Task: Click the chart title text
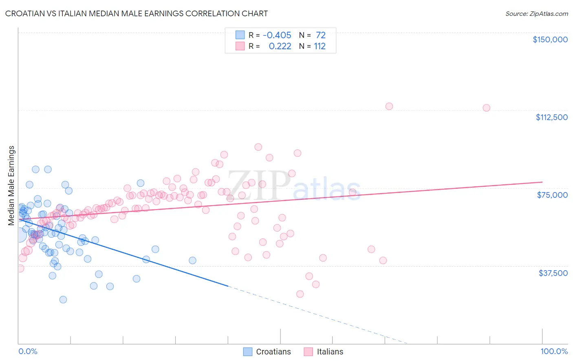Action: [x=137, y=13]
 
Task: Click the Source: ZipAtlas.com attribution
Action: [x=536, y=13]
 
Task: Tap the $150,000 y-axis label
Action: [x=550, y=39]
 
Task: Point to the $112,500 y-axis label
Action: [x=551, y=117]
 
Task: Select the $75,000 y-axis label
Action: [x=552, y=195]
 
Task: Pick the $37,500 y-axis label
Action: [x=553, y=273]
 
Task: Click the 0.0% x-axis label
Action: [x=28, y=351]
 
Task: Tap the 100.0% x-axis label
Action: [x=554, y=351]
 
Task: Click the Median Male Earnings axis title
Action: [x=11, y=185]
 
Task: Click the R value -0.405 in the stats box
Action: [x=277, y=35]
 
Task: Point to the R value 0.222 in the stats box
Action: [x=280, y=46]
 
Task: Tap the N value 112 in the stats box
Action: [x=320, y=46]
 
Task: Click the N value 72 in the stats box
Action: [x=321, y=35]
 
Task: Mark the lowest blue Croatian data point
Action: [x=63, y=300]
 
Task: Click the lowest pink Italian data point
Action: [x=300, y=294]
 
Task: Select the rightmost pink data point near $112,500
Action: [x=486, y=108]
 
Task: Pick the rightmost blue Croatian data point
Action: [x=192, y=260]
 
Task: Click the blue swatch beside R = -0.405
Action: [x=240, y=35]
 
